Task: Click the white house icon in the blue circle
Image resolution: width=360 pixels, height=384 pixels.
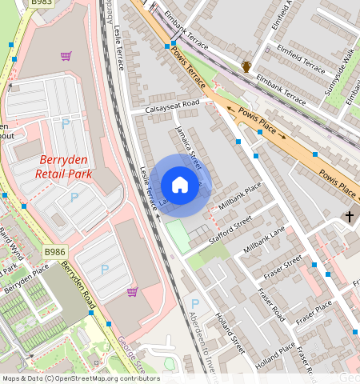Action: [180, 186]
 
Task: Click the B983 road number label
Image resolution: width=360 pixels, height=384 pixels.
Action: [42, 4]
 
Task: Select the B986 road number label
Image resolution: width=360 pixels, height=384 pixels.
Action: [55, 252]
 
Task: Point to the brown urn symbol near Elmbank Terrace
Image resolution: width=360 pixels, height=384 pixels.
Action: [247, 66]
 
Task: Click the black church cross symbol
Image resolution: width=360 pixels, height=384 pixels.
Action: [349, 216]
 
